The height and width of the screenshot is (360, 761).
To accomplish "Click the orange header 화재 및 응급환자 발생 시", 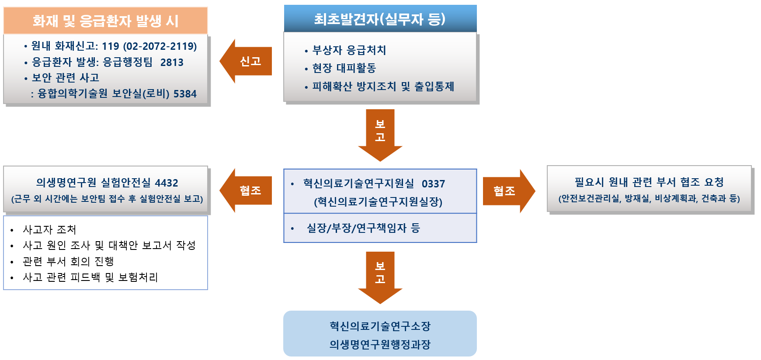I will click(105, 21).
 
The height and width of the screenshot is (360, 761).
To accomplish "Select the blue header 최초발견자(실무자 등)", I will click(380, 19).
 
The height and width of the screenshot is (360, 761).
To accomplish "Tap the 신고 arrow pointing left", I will click(247, 61).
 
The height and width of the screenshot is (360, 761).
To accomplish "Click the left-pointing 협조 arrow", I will click(247, 190).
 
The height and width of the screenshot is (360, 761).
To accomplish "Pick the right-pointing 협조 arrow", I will click(507, 191).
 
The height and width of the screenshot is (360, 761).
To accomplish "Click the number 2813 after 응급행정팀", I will click(172, 62).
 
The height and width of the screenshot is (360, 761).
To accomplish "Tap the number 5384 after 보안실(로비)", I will click(185, 93).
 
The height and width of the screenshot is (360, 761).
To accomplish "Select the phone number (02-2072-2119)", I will click(160, 46).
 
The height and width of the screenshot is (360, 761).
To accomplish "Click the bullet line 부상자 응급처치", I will click(349, 50).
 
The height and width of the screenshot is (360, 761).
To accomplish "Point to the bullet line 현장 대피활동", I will click(344, 68).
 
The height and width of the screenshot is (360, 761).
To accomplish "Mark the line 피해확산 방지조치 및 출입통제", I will click(383, 87).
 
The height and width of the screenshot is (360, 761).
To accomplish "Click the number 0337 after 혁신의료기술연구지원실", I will click(433, 183).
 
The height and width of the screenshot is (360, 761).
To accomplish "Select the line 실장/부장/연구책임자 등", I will click(363, 228).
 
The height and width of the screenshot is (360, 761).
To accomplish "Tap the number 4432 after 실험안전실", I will click(167, 183).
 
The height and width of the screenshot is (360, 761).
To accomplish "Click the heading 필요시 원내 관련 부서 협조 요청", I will click(649, 182).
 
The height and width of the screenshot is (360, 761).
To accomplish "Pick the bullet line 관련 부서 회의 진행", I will click(68, 261).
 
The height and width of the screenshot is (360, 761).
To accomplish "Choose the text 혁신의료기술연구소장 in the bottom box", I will click(380, 326).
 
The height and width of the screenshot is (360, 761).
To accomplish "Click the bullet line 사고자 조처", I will click(49, 229).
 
